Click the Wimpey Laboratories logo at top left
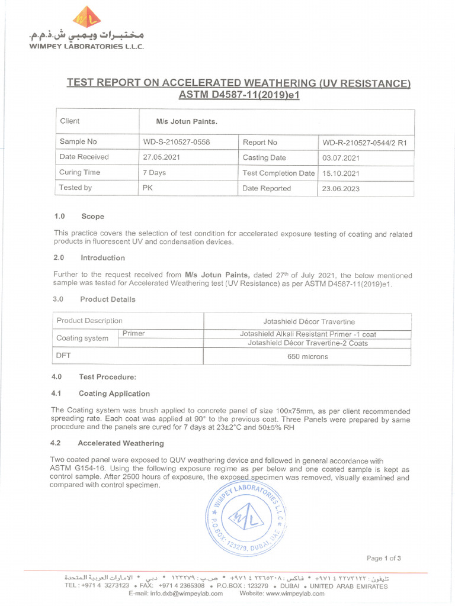(86, 20)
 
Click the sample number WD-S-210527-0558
(177, 143)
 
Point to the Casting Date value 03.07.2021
(340, 158)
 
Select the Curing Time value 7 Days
(155, 173)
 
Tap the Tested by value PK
(148, 188)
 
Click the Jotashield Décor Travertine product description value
(309, 321)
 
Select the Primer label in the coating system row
(133, 334)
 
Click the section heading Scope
(92, 217)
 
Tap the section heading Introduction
(102, 258)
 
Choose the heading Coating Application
(114, 394)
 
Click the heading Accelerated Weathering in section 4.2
(121, 443)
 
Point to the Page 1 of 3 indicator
(384, 558)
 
